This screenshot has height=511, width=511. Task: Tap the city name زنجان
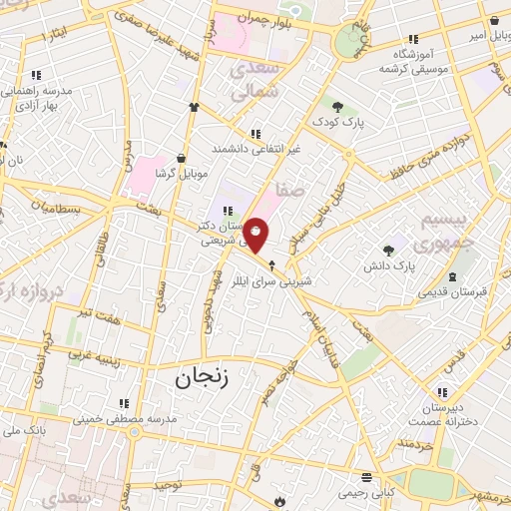pos(203,377)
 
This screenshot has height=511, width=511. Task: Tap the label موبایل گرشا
pos(180,174)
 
